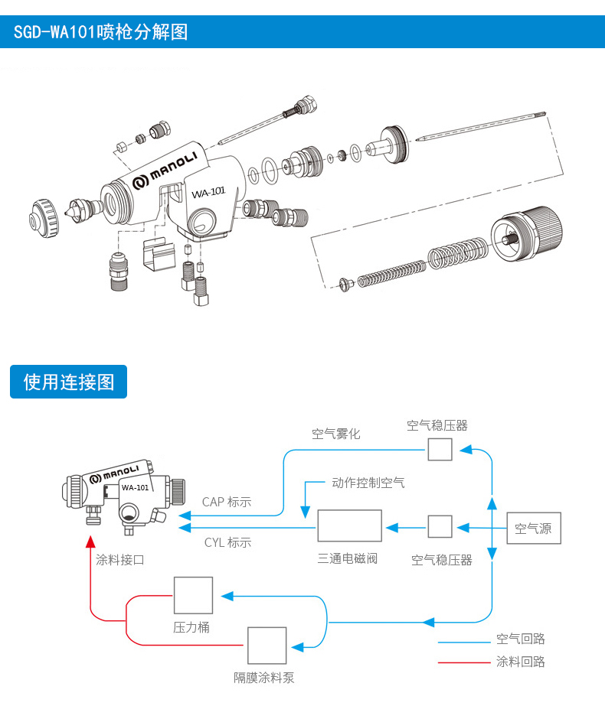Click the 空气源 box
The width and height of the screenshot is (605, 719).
tap(534, 528)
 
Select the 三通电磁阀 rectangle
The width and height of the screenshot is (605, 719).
tap(349, 525)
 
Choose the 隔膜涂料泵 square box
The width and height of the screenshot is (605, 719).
tap(267, 646)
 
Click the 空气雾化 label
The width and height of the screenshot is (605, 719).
tap(335, 434)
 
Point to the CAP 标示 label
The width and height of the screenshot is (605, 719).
tap(227, 503)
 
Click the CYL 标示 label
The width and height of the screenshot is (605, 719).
tap(227, 542)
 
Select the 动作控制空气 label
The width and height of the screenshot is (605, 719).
tap(368, 483)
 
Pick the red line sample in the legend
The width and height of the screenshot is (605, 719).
tap(463, 662)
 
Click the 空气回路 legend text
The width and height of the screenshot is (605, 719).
tap(521, 639)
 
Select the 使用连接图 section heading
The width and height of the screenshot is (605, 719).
tap(69, 382)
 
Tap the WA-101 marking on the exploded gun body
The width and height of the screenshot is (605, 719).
tap(207, 193)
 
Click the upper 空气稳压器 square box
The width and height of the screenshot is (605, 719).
tap(440, 449)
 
